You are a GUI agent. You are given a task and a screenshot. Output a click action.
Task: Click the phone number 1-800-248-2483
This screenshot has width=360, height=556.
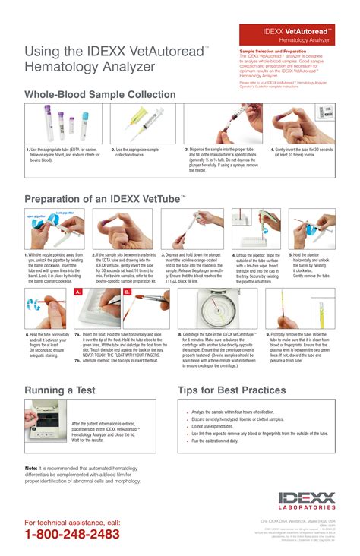(x=72, y=534)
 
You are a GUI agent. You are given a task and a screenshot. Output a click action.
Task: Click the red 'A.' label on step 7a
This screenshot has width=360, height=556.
(x=78, y=292)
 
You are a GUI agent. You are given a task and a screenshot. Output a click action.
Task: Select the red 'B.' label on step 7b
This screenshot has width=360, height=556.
(x=127, y=292)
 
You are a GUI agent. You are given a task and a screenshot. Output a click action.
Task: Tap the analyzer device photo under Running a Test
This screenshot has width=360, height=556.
(x=46, y=425)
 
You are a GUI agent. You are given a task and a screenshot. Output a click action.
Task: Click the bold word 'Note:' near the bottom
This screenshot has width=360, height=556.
(x=31, y=468)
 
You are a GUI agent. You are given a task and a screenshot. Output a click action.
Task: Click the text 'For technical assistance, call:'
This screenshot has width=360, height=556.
(x=72, y=523)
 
